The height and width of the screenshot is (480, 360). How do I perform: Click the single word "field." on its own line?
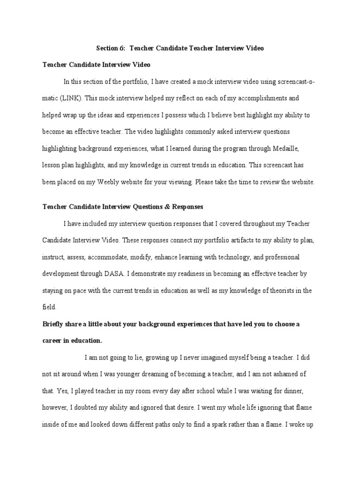point(49,307)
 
